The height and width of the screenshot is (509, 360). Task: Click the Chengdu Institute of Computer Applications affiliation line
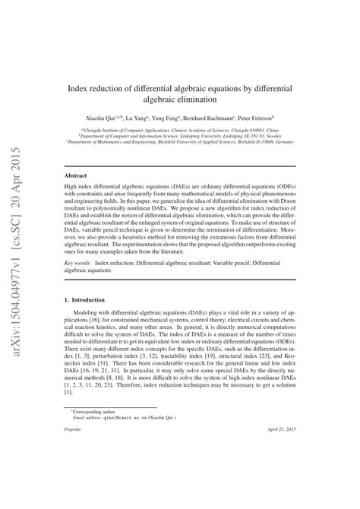[180, 129]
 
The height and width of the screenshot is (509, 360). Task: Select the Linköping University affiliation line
[180, 135]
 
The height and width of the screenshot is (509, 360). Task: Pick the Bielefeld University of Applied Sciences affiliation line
[180, 141]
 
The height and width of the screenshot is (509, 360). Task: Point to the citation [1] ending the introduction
[68, 393]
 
